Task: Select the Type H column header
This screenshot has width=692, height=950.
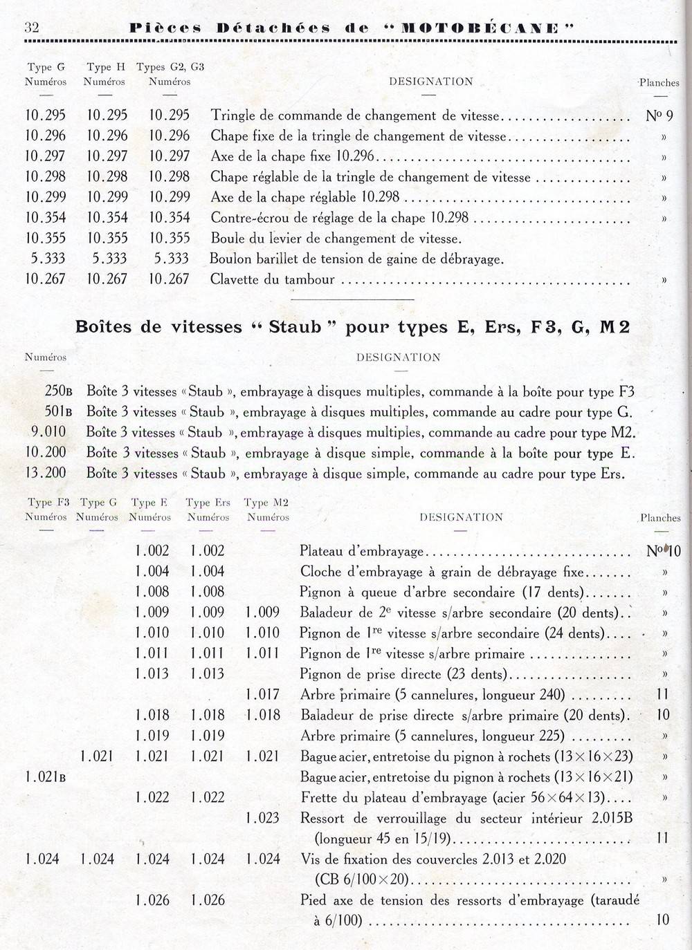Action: coord(105,74)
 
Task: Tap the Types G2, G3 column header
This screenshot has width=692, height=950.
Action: coord(170,74)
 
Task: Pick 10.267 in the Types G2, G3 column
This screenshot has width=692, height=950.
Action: coord(170,279)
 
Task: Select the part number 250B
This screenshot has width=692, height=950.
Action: coord(58,391)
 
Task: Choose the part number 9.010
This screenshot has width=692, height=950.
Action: coord(48,432)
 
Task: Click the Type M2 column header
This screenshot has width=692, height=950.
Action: coord(266,510)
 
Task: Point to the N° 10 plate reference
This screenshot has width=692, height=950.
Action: coord(663,551)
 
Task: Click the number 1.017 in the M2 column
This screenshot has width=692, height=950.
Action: coord(263,695)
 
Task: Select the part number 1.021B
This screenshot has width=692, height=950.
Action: coord(46,776)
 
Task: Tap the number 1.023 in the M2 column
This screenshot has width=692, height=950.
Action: coord(263,818)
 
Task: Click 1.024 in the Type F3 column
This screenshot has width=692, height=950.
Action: coord(42,859)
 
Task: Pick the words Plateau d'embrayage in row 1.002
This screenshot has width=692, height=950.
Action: coord(361,552)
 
